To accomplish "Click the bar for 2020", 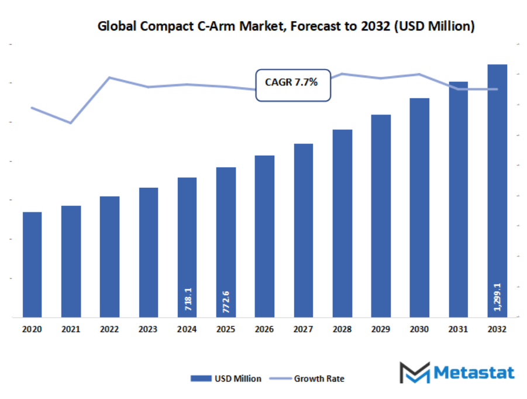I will click(x=32, y=264).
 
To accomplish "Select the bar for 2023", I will click(x=149, y=253).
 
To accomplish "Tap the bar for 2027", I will click(x=304, y=231).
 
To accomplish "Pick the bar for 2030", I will click(x=419, y=208).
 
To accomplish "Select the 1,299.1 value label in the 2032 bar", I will click(x=497, y=299).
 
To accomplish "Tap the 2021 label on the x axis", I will click(x=71, y=330).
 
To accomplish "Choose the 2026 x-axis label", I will click(x=264, y=330).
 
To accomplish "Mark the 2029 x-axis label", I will click(x=381, y=330).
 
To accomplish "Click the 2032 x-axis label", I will click(x=497, y=330).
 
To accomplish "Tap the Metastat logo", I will click(x=457, y=373).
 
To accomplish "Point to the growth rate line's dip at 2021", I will click(x=71, y=123).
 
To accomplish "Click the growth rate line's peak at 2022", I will click(x=109, y=77).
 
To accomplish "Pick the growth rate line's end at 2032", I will click(x=497, y=89).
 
